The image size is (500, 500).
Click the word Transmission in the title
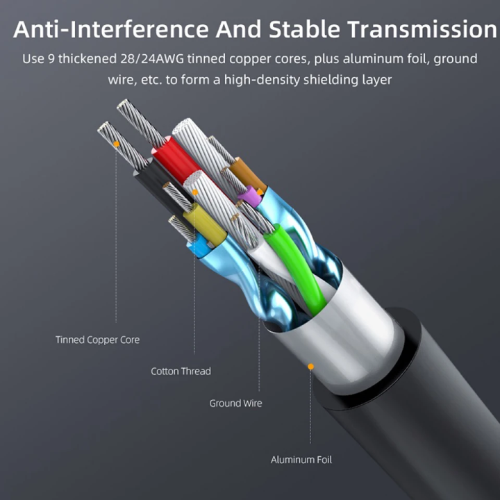pos(422,30)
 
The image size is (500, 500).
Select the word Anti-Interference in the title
pos(110,30)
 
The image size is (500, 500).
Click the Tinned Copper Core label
pos(97,340)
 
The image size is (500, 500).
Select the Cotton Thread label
pos(181,371)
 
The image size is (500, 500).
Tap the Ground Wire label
pos(235,403)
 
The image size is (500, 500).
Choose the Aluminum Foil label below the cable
pos(301,459)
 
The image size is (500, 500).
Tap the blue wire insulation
pos(199,244)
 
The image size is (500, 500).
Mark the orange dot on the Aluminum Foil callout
pos(310,366)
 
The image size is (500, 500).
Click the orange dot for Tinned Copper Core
pos(116,144)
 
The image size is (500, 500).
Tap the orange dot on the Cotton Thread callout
pos(195,192)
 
